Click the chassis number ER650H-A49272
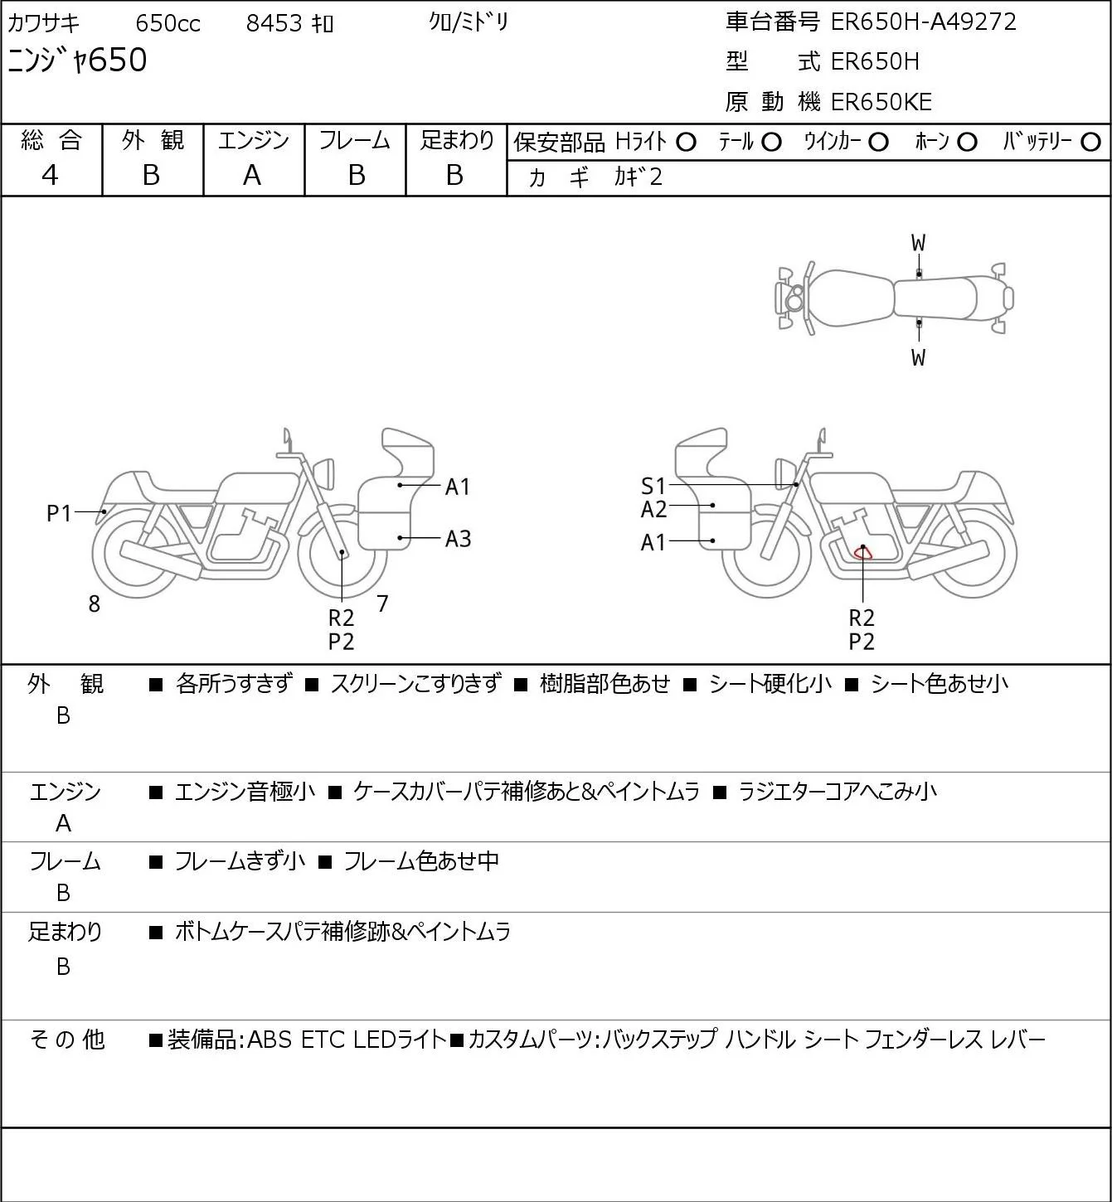point(923,22)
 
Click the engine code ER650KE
point(881,102)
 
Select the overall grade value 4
point(51,175)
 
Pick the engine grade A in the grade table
point(252,175)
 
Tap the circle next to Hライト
point(686,143)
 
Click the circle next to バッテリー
point(1091,143)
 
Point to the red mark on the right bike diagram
point(863,552)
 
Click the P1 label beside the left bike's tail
point(59,514)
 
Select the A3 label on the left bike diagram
point(458,540)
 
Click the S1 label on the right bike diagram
point(653,487)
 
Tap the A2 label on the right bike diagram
point(653,509)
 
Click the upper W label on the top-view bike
point(918,244)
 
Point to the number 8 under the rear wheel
point(95,605)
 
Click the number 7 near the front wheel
point(382,604)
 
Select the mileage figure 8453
point(274,23)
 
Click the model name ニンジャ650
point(78,61)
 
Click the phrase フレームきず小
point(240,862)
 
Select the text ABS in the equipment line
point(270,1040)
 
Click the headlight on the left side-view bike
point(324,473)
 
